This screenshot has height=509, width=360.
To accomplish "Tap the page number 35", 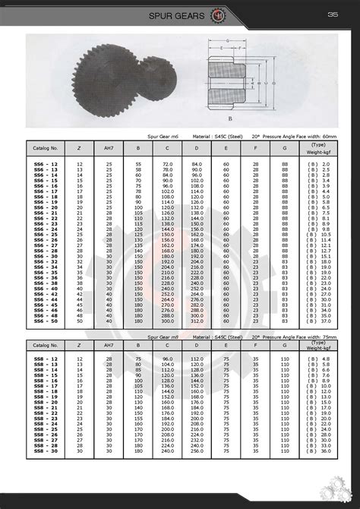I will (x=332, y=14).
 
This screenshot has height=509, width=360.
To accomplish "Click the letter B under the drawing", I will (x=229, y=119).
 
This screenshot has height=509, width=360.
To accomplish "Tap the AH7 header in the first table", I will (x=109, y=146).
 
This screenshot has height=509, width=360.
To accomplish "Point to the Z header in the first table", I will (x=80, y=146).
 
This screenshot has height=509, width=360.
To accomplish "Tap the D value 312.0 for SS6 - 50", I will (x=197, y=321).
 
